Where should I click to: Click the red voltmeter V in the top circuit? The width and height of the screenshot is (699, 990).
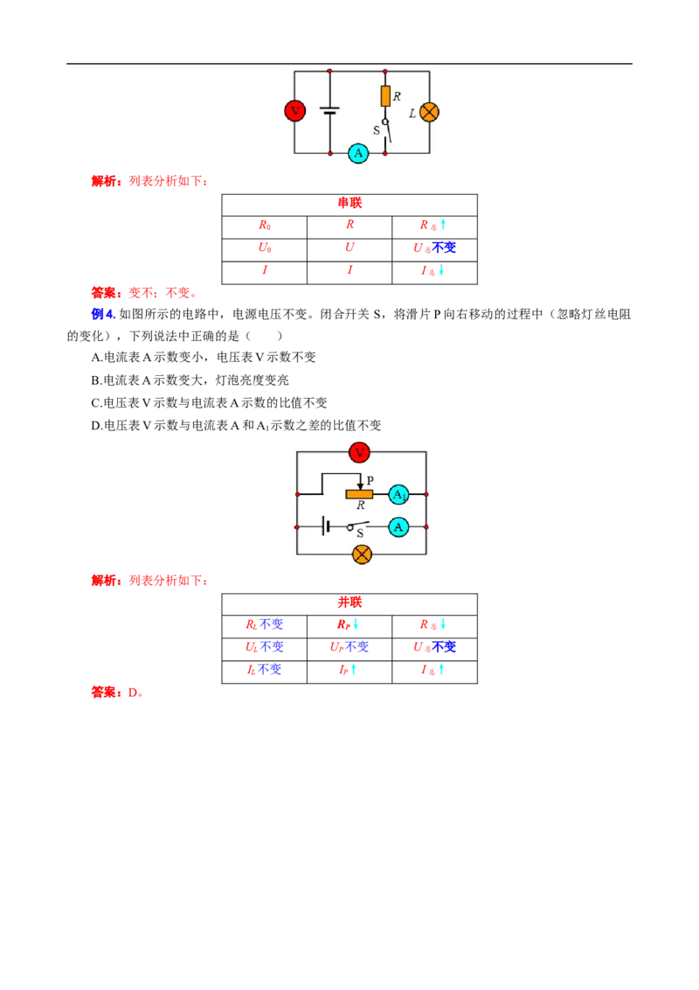click(x=294, y=111)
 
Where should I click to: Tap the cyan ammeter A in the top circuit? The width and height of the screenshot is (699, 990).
click(x=358, y=153)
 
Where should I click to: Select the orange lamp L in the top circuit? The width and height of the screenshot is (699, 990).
click(x=429, y=112)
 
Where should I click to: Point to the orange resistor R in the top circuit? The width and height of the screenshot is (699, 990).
click(x=385, y=96)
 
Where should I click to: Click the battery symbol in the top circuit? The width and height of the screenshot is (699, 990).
click(x=329, y=111)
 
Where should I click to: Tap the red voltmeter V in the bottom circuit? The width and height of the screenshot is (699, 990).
click(x=359, y=452)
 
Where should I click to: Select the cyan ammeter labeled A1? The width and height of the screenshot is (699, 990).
click(x=398, y=494)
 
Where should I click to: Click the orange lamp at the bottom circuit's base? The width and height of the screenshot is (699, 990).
click(x=362, y=554)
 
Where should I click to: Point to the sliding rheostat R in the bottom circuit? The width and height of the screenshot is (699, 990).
click(x=359, y=494)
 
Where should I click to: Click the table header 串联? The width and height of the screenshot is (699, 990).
click(x=349, y=203)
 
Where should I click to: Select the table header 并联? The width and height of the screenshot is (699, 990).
click(x=349, y=603)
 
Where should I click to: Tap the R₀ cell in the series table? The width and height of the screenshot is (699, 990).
click(x=265, y=226)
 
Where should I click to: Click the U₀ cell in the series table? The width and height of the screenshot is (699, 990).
click(x=265, y=247)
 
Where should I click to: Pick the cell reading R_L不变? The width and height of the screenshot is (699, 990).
click(x=265, y=624)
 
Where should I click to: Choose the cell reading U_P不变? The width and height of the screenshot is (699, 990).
click(x=349, y=647)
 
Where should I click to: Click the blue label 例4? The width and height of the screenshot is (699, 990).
click(x=103, y=314)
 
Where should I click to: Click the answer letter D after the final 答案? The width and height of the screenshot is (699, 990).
click(x=133, y=693)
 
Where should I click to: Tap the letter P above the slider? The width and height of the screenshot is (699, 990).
click(x=370, y=480)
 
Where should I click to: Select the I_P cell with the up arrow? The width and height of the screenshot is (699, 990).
click(x=348, y=670)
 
